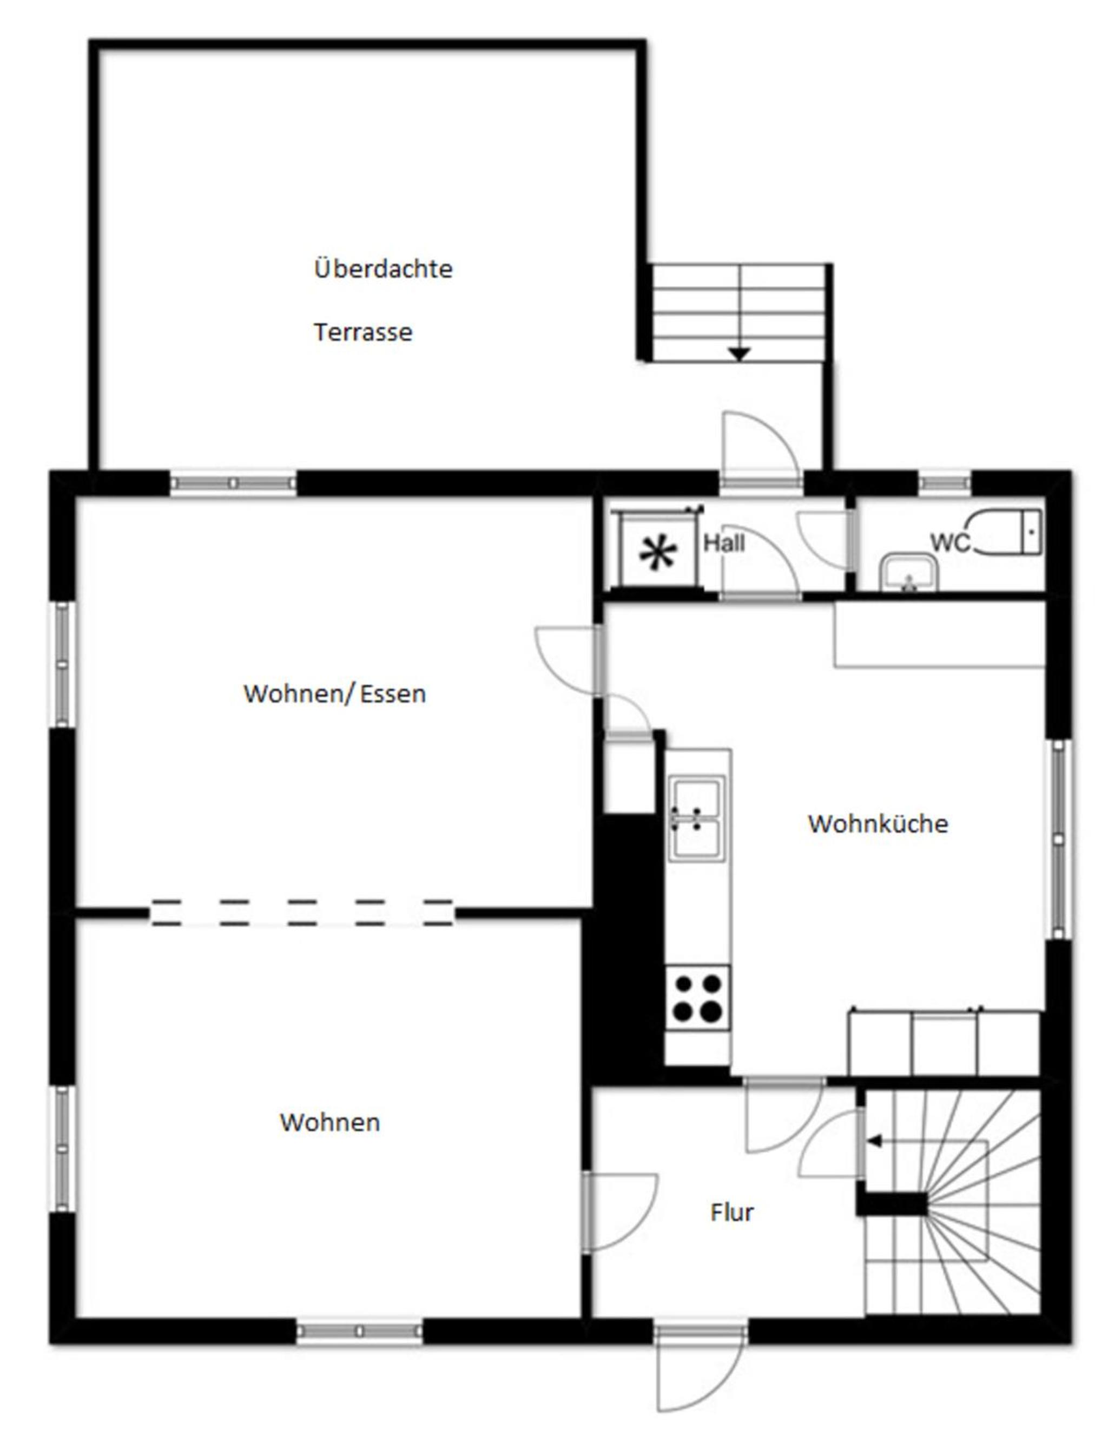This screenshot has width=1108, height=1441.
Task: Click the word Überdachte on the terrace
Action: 383,268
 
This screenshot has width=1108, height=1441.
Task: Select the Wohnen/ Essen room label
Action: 334,693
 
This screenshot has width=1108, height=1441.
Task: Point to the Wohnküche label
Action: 878,823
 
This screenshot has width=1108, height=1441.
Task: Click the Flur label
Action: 732,1212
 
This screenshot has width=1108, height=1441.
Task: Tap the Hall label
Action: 724,543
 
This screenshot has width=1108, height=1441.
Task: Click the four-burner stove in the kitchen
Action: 697,998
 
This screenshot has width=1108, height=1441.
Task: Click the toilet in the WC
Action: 1009,531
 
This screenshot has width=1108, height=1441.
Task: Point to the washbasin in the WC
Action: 909,573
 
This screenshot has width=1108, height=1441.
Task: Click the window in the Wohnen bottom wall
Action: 359,1332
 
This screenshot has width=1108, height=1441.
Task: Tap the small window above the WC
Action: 945,483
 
